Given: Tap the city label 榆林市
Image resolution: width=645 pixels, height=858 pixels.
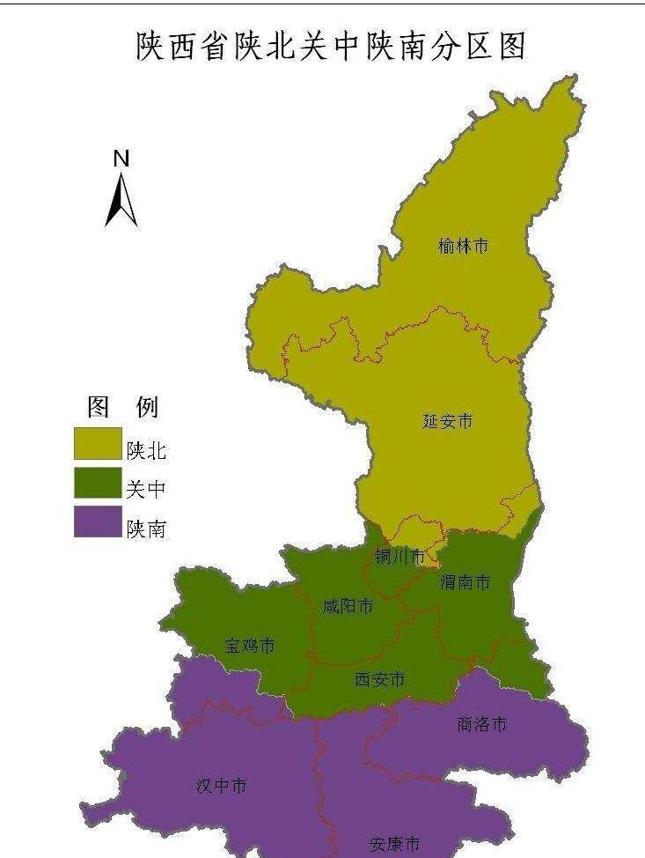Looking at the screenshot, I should [x=463, y=247].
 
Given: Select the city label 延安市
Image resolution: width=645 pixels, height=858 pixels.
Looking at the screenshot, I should [x=447, y=421].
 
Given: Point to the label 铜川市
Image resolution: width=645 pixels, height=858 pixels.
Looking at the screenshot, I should [x=399, y=557].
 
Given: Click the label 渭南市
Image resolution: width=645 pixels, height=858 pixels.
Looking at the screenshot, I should [x=465, y=582].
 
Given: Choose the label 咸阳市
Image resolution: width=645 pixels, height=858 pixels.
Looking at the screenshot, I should [x=348, y=606].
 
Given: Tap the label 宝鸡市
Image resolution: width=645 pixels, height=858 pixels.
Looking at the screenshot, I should [x=249, y=646].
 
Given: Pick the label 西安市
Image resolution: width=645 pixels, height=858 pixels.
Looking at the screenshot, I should [x=380, y=679].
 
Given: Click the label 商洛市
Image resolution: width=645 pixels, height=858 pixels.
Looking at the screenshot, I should [x=481, y=724].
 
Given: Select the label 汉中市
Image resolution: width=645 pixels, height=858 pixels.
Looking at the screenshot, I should [x=221, y=786].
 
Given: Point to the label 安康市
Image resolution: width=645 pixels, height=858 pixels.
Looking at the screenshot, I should [x=394, y=844].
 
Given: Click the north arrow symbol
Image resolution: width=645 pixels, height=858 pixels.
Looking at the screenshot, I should [x=121, y=200].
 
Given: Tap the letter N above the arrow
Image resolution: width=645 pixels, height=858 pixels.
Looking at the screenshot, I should [x=121, y=159].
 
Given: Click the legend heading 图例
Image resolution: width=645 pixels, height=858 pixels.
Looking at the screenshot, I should [x=122, y=407].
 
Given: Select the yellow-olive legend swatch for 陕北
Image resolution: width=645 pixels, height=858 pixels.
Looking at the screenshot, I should [x=98, y=444].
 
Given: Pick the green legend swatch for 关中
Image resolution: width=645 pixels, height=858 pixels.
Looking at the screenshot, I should [x=98, y=483].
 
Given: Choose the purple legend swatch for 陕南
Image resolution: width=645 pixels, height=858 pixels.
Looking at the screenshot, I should [x=98, y=521].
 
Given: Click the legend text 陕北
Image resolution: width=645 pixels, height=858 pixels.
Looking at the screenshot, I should [x=146, y=451].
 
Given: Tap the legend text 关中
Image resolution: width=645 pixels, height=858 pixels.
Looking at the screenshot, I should [x=146, y=490].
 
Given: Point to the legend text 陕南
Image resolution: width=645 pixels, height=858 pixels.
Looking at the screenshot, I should [x=146, y=529].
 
